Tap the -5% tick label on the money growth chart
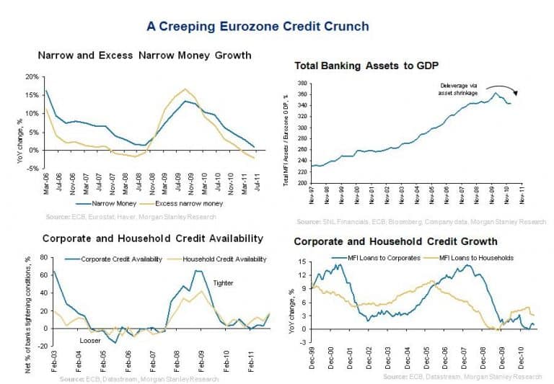coord(31,169)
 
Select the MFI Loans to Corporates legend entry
coord(375,257)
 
